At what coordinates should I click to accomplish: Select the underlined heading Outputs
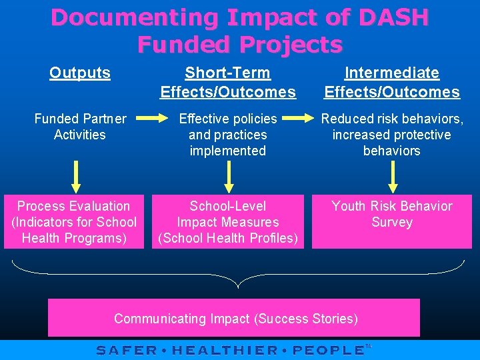pyautogui.click(x=80, y=73)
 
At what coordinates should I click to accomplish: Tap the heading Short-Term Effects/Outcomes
pyautogui.click(x=228, y=82)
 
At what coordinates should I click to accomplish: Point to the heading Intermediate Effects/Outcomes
pyautogui.click(x=392, y=82)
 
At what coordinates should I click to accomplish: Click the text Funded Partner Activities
pyautogui.click(x=80, y=127)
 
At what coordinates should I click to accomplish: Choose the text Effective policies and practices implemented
pyautogui.click(x=228, y=135)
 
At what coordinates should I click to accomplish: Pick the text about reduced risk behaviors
pyautogui.click(x=392, y=135)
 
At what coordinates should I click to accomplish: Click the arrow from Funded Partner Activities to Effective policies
pyautogui.click(x=155, y=119)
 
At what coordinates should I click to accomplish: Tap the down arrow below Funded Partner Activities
pyautogui.click(x=77, y=177)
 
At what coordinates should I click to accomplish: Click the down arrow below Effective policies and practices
pyautogui.click(x=229, y=177)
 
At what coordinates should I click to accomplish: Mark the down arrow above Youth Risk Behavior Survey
pyautogui.click(x=392, y=177)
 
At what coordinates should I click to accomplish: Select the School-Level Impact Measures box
pyautogui.click(x=228, y=222)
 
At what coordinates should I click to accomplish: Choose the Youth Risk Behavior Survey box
pyautogui.click(x=392, y=222)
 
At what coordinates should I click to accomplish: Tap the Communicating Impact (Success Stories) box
pyautogui.click(x=234, y=318)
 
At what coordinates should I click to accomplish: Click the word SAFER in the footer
pyautogui.click(x=127, y=350)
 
